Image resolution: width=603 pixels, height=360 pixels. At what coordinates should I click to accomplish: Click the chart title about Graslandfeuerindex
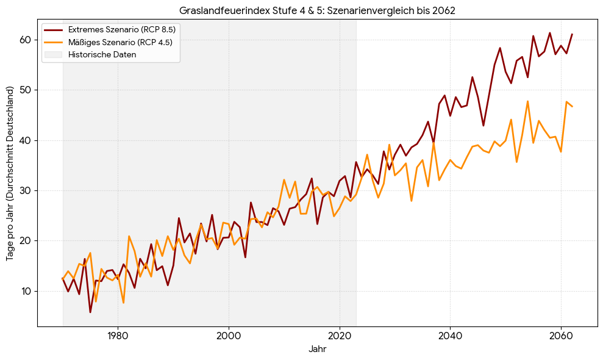317,10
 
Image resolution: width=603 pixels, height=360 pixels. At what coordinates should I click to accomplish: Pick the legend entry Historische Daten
102,54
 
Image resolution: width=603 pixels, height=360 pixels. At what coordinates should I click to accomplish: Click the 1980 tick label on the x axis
118,335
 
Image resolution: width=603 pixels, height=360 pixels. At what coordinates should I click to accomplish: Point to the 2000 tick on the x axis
229,335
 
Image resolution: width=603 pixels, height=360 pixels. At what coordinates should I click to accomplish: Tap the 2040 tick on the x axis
450,335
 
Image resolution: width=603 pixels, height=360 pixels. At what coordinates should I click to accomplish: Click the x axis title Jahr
317,350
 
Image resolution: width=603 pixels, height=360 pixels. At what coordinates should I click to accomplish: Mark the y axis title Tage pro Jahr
10,178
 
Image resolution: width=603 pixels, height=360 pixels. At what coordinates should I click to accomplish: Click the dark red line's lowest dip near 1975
90,312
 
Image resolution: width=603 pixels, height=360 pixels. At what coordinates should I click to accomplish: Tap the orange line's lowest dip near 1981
123,303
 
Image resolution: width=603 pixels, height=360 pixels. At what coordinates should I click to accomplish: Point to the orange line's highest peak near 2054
527,101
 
